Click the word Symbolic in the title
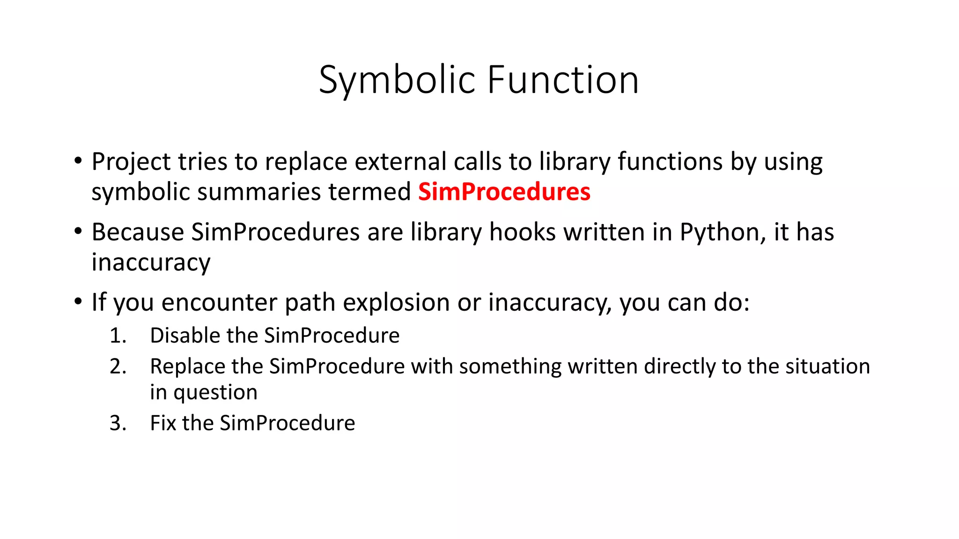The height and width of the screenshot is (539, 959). click(397, 80)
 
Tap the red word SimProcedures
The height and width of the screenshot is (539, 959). click(504, 192)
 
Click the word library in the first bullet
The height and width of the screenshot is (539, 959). click(574, 162)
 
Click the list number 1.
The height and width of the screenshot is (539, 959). click(118, 335)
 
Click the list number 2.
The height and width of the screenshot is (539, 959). click(118, 366)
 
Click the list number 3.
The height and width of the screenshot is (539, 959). click(118, 423)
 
